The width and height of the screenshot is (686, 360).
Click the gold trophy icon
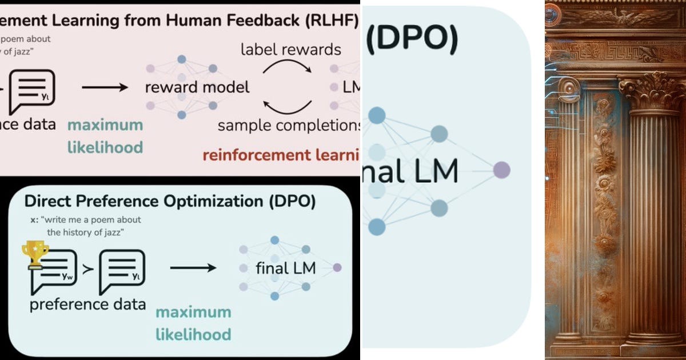(35, 254)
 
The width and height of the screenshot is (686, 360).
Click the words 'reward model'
(197, 87)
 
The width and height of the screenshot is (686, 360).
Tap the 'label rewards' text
(290, 49)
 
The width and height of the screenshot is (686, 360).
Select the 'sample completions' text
(289, 125)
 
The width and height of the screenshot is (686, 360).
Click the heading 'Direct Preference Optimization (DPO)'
(170, 201)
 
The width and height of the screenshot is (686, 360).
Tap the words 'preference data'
(87, 303)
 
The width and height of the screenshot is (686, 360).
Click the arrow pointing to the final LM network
(193, 267)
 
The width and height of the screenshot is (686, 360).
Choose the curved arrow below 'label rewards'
(288, 68)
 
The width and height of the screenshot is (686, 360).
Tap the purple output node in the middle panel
(501, 170)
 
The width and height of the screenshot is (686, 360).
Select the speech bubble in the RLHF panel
(32, 91)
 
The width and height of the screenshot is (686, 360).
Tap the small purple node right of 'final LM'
(337, 267)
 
